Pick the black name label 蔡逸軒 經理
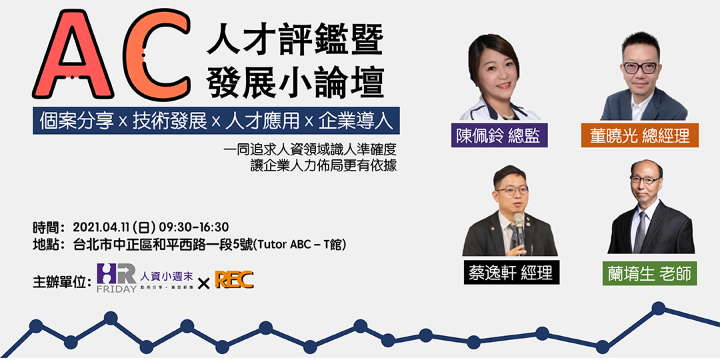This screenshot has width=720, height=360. coord(511,273)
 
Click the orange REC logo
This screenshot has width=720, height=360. coord(233,281)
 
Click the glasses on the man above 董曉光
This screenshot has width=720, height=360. coord(640,67)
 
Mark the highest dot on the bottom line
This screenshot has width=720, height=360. coord(659,308)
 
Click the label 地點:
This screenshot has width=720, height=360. coord(49,245)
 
